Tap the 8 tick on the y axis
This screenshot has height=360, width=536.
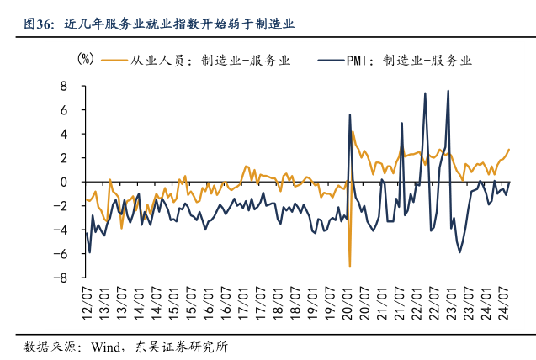coord(63,86)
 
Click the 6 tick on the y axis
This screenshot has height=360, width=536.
coord(63,110)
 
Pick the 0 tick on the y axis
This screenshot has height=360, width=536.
coord(63,182)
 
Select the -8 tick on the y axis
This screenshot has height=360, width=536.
coord(61,278)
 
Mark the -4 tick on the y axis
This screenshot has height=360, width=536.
coord(61,230)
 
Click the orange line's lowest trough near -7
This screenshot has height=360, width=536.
coord(350,267)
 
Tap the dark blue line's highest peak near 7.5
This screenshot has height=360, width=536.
coord(448,91)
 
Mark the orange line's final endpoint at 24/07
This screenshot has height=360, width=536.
coord(509,149)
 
